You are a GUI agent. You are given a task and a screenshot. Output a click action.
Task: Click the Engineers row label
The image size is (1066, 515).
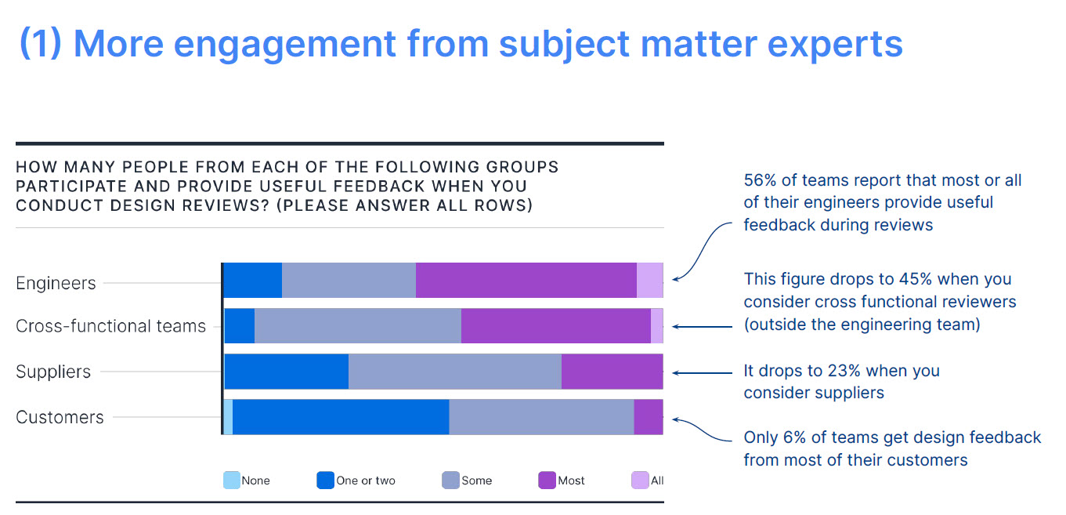click(56, 283)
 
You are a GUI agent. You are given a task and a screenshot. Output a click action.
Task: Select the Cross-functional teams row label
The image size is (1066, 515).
click(110, 326)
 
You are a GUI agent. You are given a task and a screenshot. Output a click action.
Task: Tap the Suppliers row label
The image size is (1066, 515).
click(53, 372)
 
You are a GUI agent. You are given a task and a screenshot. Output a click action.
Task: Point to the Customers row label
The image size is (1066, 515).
click(60, 417)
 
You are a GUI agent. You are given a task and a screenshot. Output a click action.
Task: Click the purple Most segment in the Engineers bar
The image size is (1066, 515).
click(526, 281)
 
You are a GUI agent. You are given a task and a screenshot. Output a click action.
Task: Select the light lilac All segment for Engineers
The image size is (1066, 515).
click(649, 281)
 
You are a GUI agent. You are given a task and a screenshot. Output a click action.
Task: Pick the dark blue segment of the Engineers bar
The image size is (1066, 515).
click(253, 281)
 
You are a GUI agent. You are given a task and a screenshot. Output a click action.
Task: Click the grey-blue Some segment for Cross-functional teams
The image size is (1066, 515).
click(358, 326)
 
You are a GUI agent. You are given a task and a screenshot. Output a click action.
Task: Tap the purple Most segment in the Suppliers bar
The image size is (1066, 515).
click(612, 372)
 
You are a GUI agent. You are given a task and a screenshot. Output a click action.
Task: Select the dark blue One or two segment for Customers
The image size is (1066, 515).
click(341, 417)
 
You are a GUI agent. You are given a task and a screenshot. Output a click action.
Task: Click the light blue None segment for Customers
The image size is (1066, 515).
click(228, 417)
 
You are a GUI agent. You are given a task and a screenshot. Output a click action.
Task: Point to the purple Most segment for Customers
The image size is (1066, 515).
click(648, 417)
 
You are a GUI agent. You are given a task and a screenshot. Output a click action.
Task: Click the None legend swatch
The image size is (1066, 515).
click(232, 481)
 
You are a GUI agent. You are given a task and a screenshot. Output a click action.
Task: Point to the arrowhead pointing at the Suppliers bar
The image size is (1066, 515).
click(676, 372)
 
